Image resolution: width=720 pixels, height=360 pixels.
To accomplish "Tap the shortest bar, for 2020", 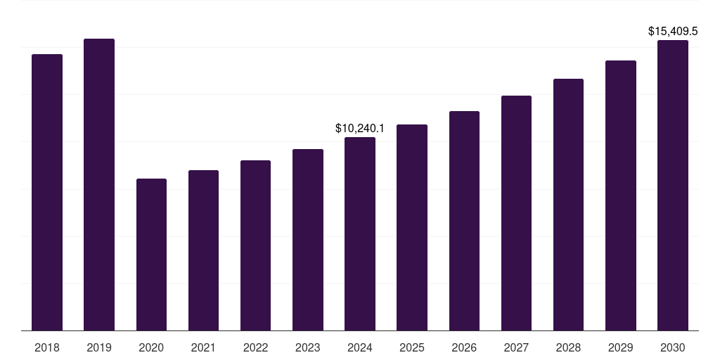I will coord(151,255).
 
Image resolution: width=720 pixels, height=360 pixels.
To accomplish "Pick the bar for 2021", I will coord(203,250).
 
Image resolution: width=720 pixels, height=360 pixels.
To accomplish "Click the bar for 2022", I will coord(255,245).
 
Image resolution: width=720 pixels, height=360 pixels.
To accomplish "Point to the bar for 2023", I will coord(308,240).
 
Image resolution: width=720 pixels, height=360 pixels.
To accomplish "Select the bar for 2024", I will coord(360,233).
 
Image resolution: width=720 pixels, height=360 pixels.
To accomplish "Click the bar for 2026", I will coord(464,221).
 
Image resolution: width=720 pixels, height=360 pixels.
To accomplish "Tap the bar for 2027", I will coord(516,213).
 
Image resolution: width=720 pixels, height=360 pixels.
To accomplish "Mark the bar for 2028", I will coord(568,205).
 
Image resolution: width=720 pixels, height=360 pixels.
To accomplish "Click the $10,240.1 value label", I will coord(360,129).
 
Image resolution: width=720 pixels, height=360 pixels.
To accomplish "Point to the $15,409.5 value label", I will coord(673,32).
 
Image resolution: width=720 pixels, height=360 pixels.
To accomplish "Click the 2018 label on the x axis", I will coord(47,347).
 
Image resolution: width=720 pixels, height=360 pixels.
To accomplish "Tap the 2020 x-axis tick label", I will coord(151,347).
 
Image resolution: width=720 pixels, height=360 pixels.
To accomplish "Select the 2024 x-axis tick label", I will coord(360,347).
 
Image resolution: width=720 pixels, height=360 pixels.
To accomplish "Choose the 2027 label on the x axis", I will coord(516,347).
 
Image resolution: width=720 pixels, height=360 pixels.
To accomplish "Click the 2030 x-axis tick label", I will coord(673,347).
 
